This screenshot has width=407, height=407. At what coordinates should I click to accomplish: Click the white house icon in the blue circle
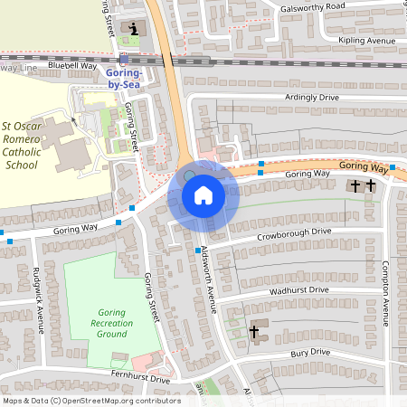(203, 195)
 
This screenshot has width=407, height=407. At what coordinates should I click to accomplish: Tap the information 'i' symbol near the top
(135, 29)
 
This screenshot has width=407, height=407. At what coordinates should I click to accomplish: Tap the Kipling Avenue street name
(366, 42)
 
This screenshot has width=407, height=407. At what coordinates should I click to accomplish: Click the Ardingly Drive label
(311, 97)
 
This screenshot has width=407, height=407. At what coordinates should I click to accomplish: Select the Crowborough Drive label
(293, 232)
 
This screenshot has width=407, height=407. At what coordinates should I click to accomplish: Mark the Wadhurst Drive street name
(298, 290)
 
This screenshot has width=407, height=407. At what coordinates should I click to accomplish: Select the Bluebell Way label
(72, 66)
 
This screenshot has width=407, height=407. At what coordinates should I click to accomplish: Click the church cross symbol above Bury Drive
(253, 332)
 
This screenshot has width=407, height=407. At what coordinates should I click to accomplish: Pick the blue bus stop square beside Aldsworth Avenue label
(197, 250)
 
